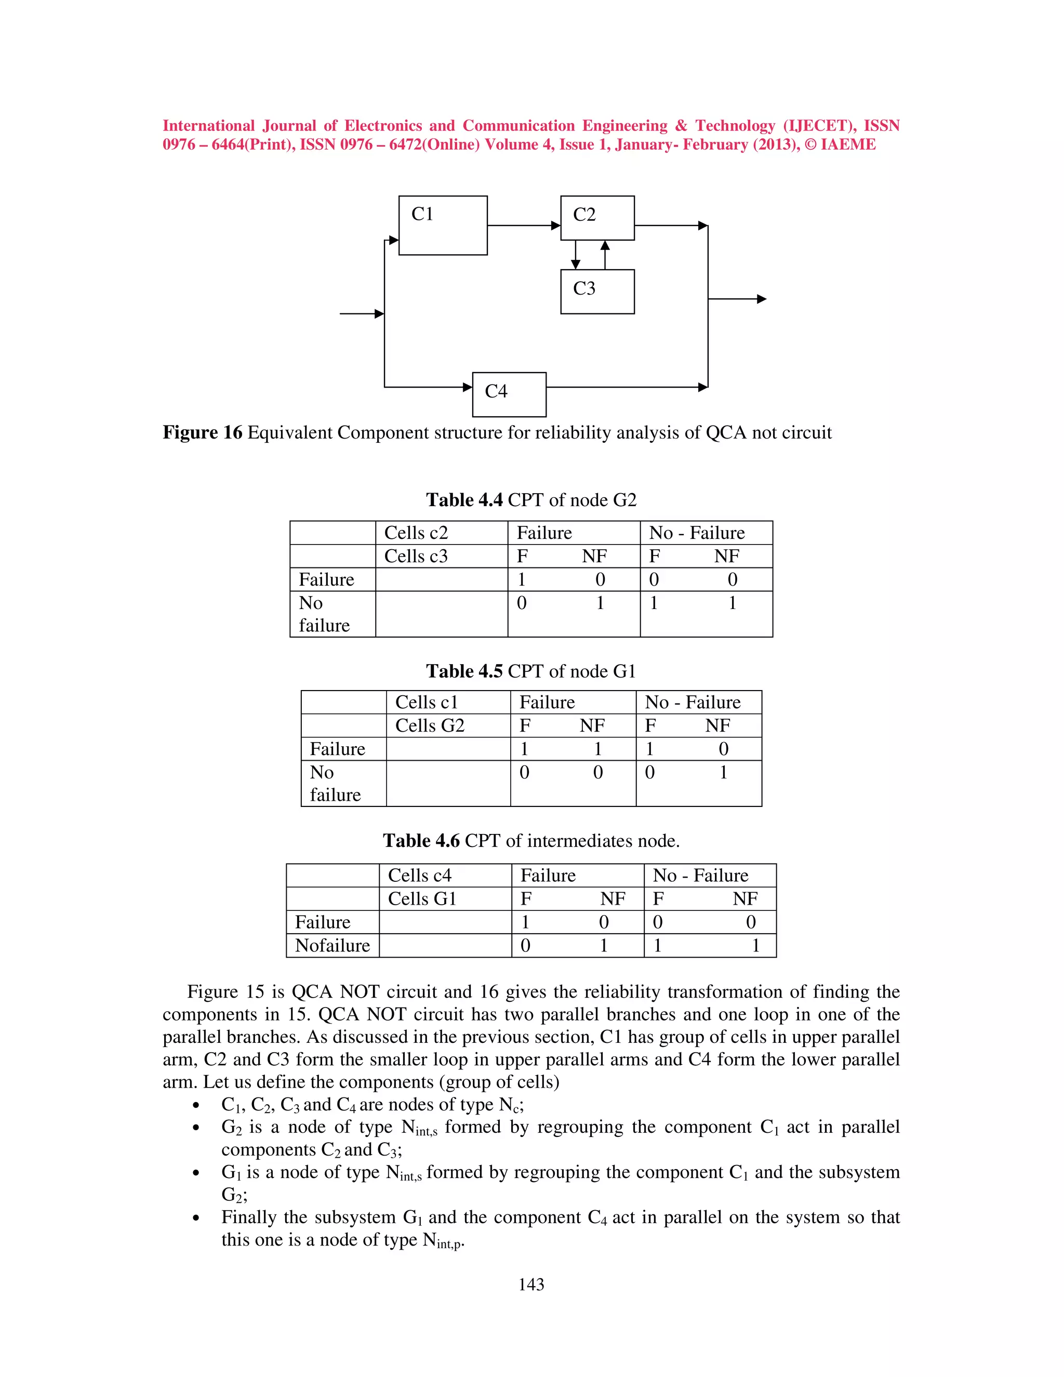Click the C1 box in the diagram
443,225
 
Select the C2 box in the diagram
597,218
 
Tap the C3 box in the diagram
597,292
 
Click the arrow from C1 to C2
523,225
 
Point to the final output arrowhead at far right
762,299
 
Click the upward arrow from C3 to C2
605,255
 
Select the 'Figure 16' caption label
202,432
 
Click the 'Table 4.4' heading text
464,500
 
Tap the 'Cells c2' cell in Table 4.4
416,533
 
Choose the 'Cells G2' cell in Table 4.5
429,726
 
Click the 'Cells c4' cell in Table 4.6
419,875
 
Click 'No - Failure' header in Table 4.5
692,703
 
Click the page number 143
531,1285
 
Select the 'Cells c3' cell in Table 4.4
416,556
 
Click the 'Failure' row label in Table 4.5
337,749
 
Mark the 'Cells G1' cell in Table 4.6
422,898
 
